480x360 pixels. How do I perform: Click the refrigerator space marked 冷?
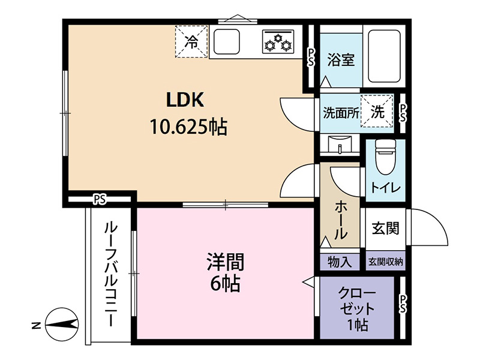[191, 41]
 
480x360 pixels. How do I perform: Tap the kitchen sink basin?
[227, 41]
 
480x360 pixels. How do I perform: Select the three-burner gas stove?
[278, 41]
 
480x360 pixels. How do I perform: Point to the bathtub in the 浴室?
[384, 56]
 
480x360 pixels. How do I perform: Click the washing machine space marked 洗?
[377, 111]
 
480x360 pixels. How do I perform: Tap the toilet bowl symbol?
[385, 157]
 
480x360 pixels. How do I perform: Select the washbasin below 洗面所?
[340, 146]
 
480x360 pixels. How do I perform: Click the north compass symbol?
[62, 324]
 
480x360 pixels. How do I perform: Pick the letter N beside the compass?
[37, 325]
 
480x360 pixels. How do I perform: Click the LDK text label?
[185, 100]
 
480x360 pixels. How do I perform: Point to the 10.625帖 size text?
[188, 127]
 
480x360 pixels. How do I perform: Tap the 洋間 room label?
[226, 262]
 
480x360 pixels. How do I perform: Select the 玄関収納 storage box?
[385, 262]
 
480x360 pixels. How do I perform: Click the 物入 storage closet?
[340, 262]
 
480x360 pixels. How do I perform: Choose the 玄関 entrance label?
[385, 228]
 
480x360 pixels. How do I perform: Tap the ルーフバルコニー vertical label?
[110, 274]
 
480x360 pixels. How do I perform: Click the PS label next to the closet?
[403, 304]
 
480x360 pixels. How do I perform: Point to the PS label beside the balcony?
[100, 200]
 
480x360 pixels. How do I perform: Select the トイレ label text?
[385, 187]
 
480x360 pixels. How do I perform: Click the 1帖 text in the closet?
[357, 325]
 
